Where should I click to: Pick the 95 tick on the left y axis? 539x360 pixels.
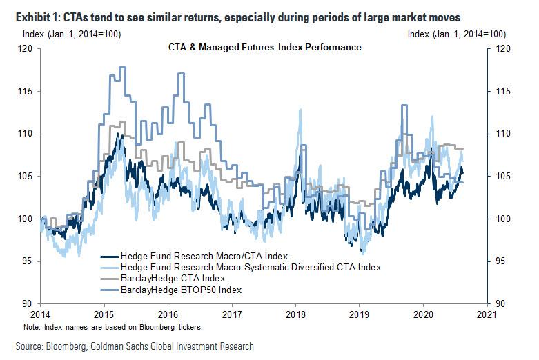[27, 261]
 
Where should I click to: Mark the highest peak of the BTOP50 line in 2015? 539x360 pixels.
[122, 68]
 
